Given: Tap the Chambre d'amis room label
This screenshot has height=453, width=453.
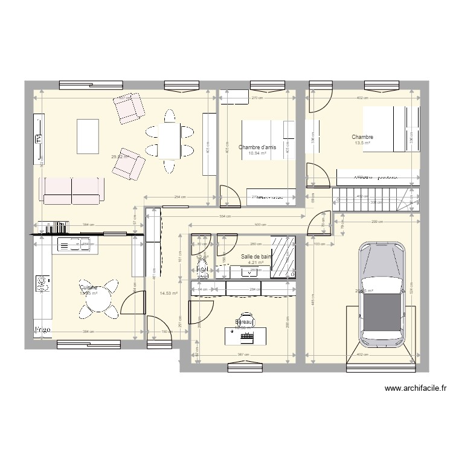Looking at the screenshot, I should point(257,147).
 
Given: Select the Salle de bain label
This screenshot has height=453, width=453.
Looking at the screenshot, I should point(257,256).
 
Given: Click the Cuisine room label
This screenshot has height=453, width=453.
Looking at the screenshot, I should point(88,288).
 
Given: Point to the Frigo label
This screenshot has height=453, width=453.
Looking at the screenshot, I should point(42,329).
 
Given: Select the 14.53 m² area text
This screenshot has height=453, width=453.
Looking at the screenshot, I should point(168,294).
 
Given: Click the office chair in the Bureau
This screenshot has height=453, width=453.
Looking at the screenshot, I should point(246,318).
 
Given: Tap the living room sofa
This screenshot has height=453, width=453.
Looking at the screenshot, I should point(72,190).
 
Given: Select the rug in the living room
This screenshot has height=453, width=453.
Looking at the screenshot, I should point(88,137).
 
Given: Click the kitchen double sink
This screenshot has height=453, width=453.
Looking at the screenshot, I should point(71,245).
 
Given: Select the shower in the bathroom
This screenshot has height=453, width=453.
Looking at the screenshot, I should point(283,257).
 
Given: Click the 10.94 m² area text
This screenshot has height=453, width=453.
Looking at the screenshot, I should point(257,153).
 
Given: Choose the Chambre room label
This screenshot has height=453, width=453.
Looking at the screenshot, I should point(362,137).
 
